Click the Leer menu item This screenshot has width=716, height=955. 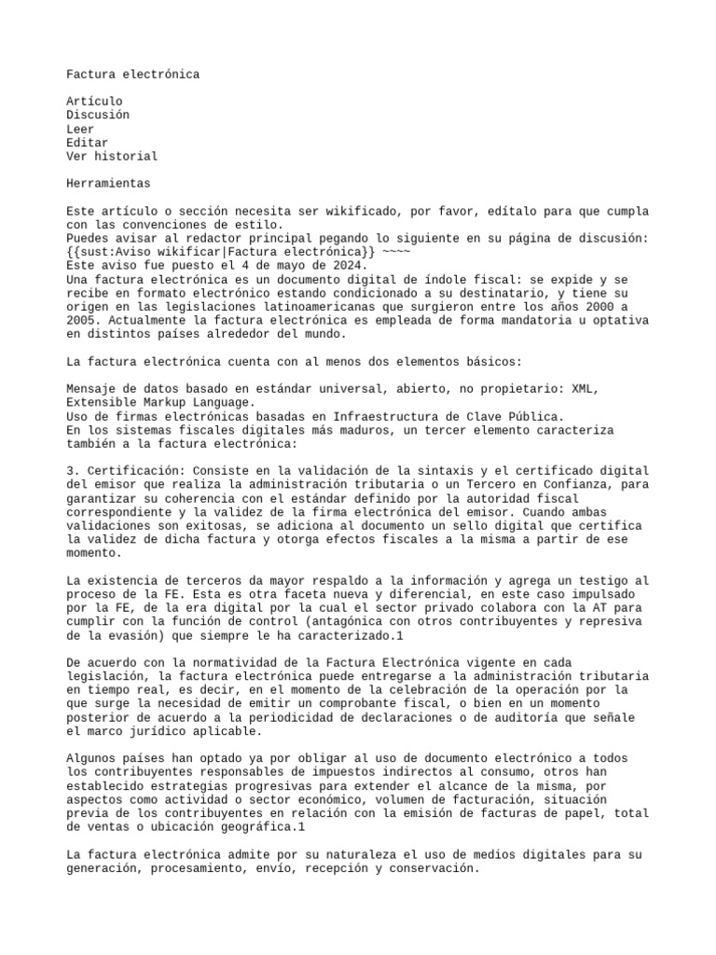click(x=80, y=129)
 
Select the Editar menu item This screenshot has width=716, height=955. click(x=87, y=143)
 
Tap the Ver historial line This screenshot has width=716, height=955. click(x=112, y=157)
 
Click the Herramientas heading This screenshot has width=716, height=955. click(x=108, y=184)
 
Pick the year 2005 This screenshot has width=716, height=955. click(x=84, y=320)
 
